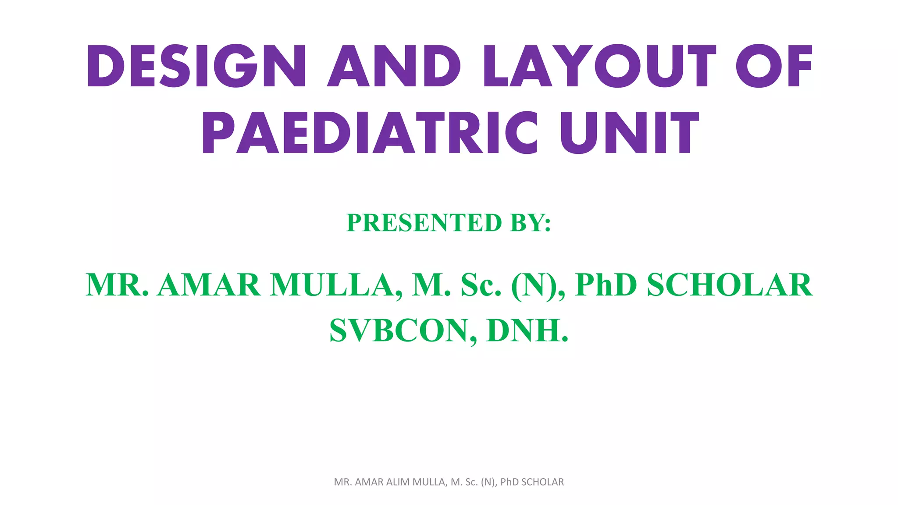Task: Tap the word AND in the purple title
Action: pyautogui.click(x=394, y=66)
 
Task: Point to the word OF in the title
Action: pyautogui.click(x=774, y=66)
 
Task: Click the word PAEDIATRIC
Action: pyautogui.click(x=370, y=132)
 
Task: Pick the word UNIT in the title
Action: pyautogui.click(x=630, y=132)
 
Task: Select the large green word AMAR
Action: pyautogui.click(x=209, y=285)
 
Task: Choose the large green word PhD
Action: pyautogui.click(x=606, y=285)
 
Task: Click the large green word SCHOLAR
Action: pyautogui.click(x=730, y=285)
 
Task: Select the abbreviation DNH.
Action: pyautogui.click(x=527, y=331)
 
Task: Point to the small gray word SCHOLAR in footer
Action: pyautogui.click(x=542, y=482)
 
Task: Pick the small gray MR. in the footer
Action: pyautogui.click(x=343, y=482)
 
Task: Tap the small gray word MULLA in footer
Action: pyautogui.click(x=430, y=482)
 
